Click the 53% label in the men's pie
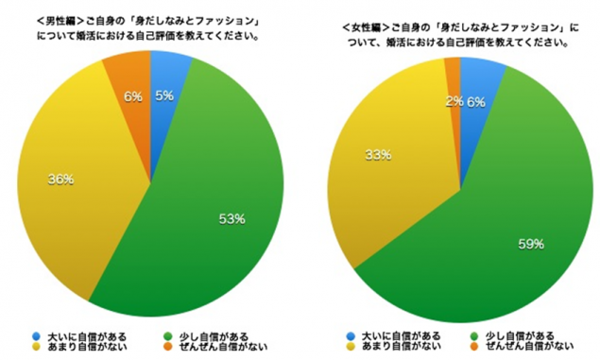pyautogui.click(x=232, y=218)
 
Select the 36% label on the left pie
pyautogui.click(x=60, y=179)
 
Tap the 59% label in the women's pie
pyautogui.click(x=531, y=244)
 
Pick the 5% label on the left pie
pyautogui.click(x=164, y=94)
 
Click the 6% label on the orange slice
pyautogui.click(x=131, y=96)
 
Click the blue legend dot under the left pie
pyautogui.click(x=36, y=336)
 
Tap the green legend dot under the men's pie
pyautogui.click(x=169, y=336)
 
